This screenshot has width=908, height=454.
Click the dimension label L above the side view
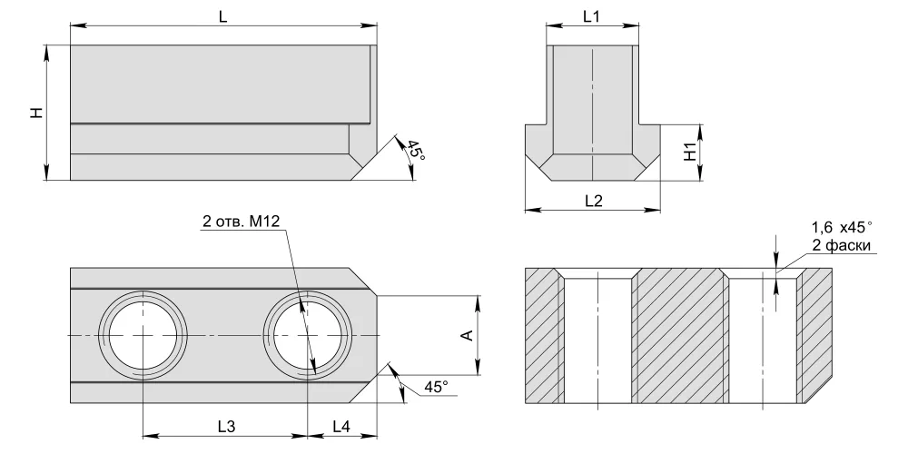click(223, 16)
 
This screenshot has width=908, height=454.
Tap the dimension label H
click(37, 113)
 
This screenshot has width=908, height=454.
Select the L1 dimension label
click(591, 16)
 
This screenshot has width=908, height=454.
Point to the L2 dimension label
click(594, 201)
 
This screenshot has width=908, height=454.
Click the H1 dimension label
click(690, 152)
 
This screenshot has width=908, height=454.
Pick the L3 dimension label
click(226, 426)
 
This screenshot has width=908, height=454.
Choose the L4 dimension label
click(341, 426)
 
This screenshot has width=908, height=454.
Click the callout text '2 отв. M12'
click(241, 221)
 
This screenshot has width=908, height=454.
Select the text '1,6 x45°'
click(842, 226)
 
